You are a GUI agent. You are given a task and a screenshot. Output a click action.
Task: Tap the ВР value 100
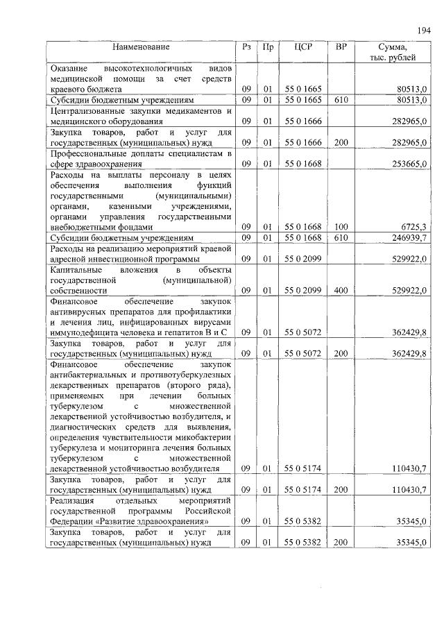(340, 227)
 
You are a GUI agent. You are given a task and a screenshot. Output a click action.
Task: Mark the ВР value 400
(340, 290)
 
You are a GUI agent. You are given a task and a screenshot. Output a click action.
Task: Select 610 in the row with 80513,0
(340, 101)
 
